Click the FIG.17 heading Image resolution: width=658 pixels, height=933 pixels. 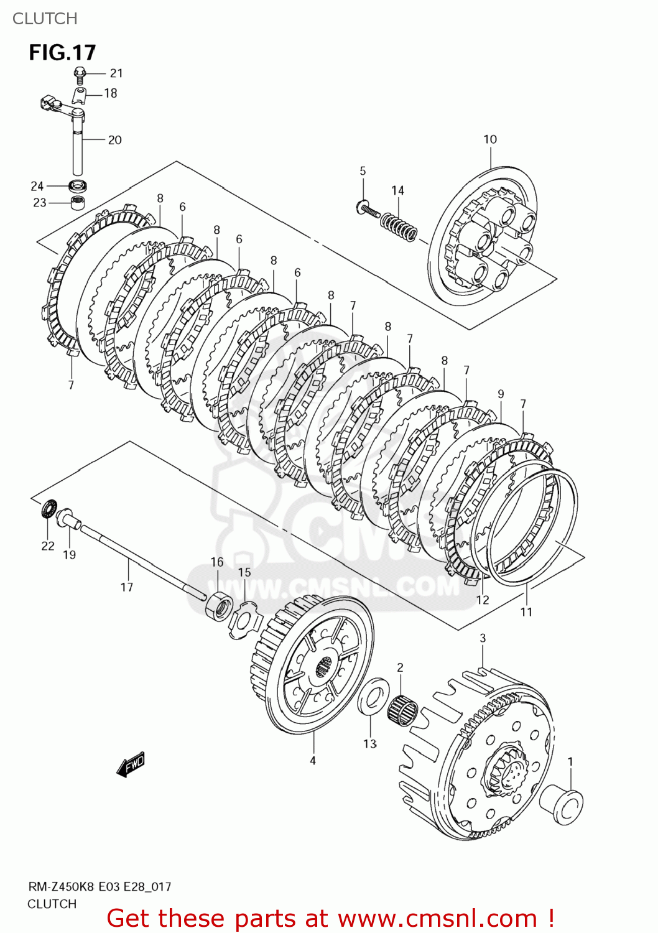62,52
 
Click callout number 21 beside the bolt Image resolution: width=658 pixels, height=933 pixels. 116,73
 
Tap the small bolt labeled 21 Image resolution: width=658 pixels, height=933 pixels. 79,74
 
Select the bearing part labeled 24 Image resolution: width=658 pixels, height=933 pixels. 78,185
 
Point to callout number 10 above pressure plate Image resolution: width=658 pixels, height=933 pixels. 490,139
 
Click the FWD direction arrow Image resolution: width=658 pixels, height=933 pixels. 131,765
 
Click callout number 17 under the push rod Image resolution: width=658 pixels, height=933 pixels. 127,587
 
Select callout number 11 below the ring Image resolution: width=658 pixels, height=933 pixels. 526,612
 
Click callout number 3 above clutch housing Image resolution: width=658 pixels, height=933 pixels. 483,638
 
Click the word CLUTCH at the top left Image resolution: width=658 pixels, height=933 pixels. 45,19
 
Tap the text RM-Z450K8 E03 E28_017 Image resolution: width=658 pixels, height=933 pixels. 100,887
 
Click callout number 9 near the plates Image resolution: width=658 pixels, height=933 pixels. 501,394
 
